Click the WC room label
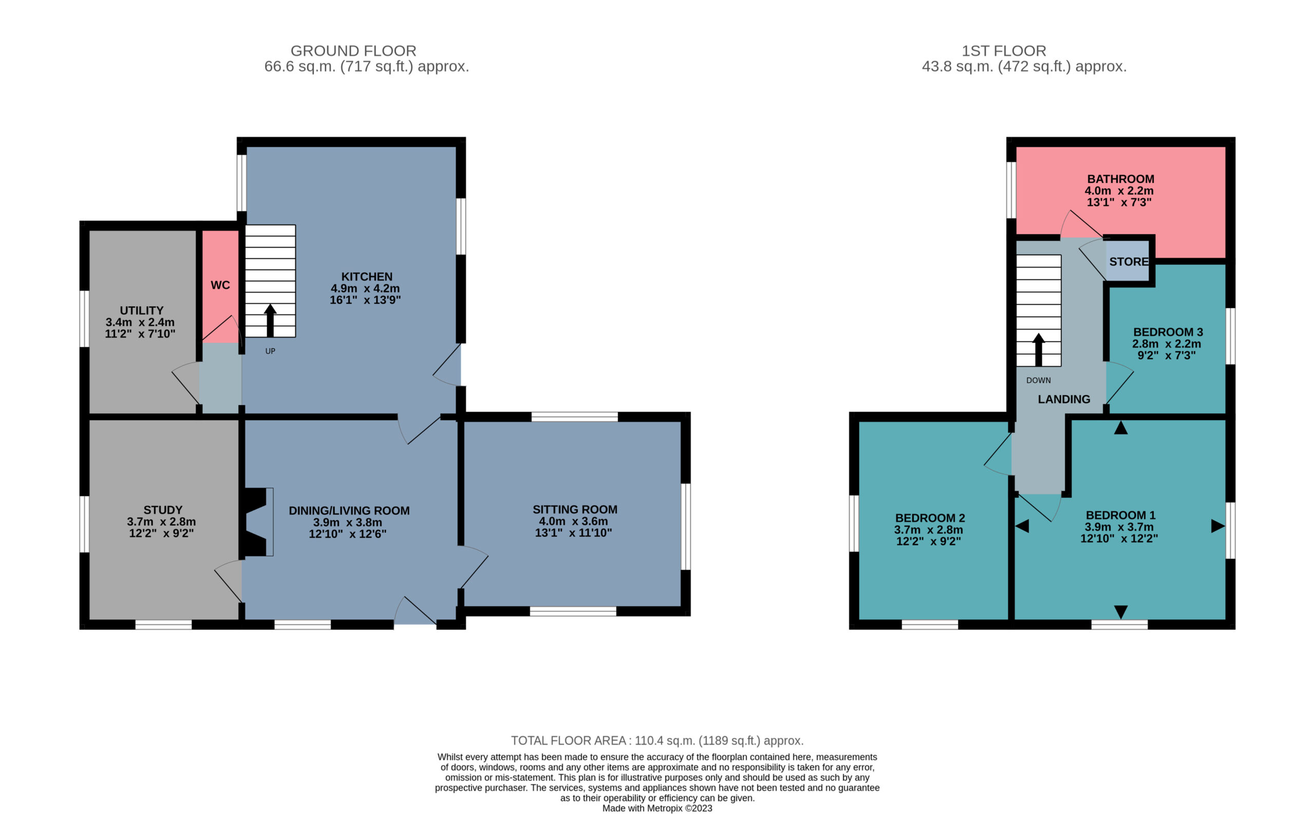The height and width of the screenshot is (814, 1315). (220, 285)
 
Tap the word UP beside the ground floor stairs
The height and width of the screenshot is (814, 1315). (270, 351)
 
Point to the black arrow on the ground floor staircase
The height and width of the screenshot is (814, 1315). (270, 320)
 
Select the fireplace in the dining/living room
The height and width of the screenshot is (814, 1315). (256, 522)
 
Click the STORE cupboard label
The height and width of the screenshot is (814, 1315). (1129, 261)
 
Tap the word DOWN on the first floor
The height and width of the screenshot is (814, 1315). (1038, 380)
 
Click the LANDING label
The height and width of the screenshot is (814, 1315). (1063, 399)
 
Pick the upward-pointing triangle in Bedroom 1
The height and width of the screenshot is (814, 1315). (1121, 427)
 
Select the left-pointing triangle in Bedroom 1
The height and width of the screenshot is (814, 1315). (1022, 526)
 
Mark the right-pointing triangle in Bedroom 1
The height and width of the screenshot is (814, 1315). (1218, 526)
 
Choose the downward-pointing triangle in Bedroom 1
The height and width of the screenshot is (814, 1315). (1121, 612)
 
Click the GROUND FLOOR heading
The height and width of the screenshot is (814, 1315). (353, 51)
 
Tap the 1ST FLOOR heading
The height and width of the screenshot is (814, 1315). (1004, 51)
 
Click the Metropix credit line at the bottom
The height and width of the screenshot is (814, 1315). (657, 808)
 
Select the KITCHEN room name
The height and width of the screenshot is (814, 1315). (367, 277)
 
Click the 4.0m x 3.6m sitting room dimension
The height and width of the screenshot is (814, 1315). (573, 521)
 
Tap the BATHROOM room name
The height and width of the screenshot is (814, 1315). (1121, 179)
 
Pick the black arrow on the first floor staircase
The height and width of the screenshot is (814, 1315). (1038, 350)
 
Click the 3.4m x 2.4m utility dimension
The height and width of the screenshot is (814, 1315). (140, 322)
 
